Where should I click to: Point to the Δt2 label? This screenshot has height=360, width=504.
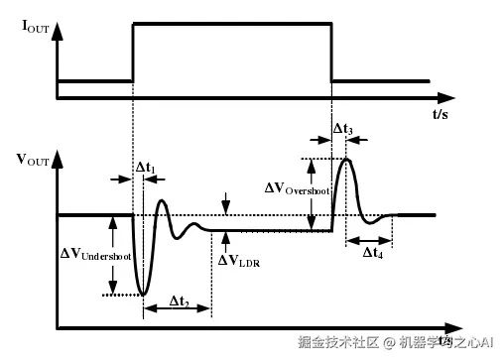(x=180, y=300)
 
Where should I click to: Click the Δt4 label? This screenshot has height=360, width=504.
(x=373, y=254)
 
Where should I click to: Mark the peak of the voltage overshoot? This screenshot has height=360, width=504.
(x=346, y=159)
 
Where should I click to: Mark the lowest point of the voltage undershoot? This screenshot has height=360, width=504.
(x=144, y=295)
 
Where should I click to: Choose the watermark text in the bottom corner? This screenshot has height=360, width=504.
(x=397, y=342)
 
